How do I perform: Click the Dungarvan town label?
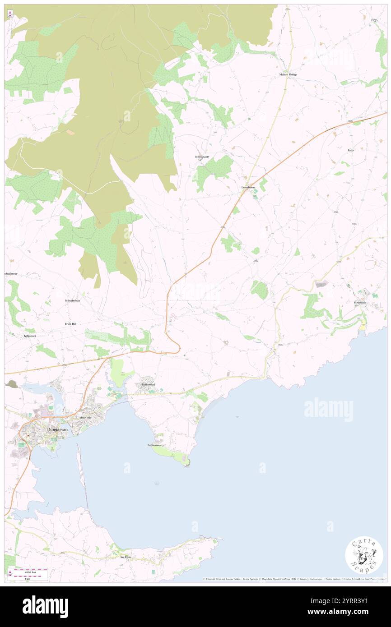click(57, 429)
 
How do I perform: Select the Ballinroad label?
click(148, 384)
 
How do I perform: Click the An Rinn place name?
click(125, 557)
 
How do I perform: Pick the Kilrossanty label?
click(202, 157)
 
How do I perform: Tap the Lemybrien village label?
click(248, 187)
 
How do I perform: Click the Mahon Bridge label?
click(288, 74)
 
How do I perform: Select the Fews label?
click(374, 20)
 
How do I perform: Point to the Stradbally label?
click(360, 303)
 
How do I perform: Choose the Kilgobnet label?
click(29, 336)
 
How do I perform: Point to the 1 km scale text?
click(28, 578)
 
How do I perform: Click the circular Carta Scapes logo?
click(364, 556)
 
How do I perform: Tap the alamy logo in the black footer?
click(45, 606)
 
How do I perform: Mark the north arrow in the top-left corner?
click(10, 14)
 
